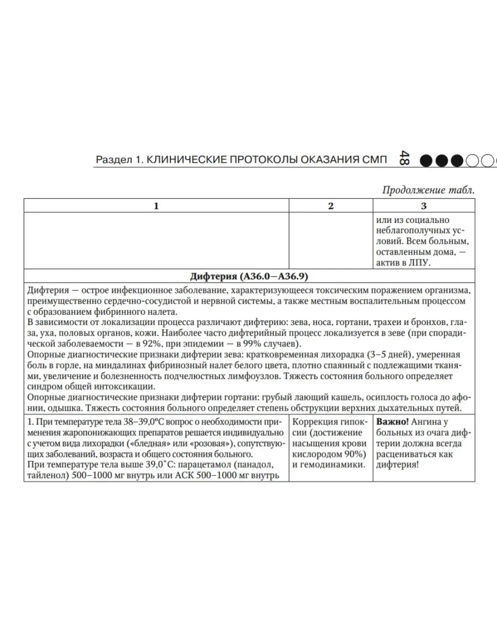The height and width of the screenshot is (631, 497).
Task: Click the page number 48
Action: point(405,159)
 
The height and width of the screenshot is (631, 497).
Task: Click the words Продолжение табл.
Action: point(428,190)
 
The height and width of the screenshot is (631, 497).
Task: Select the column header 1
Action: point(156,206)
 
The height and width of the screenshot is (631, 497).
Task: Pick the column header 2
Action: point(330,206)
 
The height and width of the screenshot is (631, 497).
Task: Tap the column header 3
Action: point(424,206)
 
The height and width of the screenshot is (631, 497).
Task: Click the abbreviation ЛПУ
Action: point(419,263)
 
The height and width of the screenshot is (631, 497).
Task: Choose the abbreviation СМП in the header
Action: point(375,160)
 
